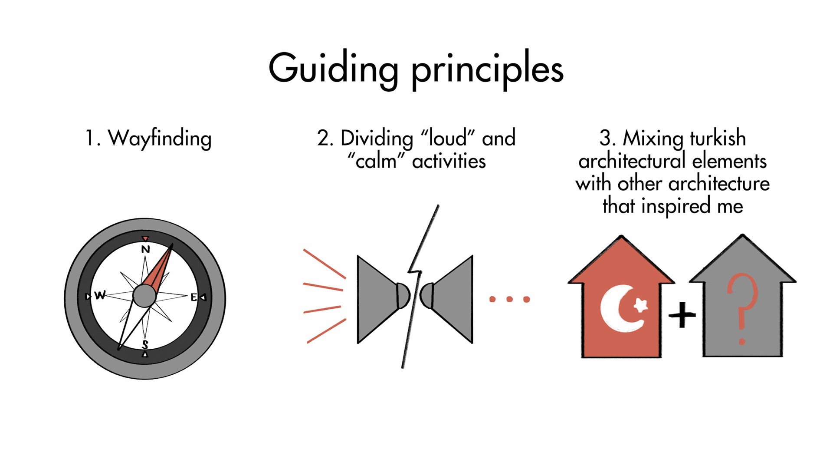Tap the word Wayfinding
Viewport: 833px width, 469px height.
tap(159, 139)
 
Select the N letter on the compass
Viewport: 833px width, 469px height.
tap(145, 249)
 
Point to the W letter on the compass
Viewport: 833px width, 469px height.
tap(100, 295)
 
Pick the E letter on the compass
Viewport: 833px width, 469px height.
tap(194, 297)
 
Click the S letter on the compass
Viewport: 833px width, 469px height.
tap(145, 345)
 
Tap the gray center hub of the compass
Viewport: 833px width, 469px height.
tap(144, 296)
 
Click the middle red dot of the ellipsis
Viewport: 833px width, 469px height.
tap(509, 299)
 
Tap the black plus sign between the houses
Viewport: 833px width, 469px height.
tap(682, 314)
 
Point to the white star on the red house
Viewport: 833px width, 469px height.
tap(640, 305)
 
